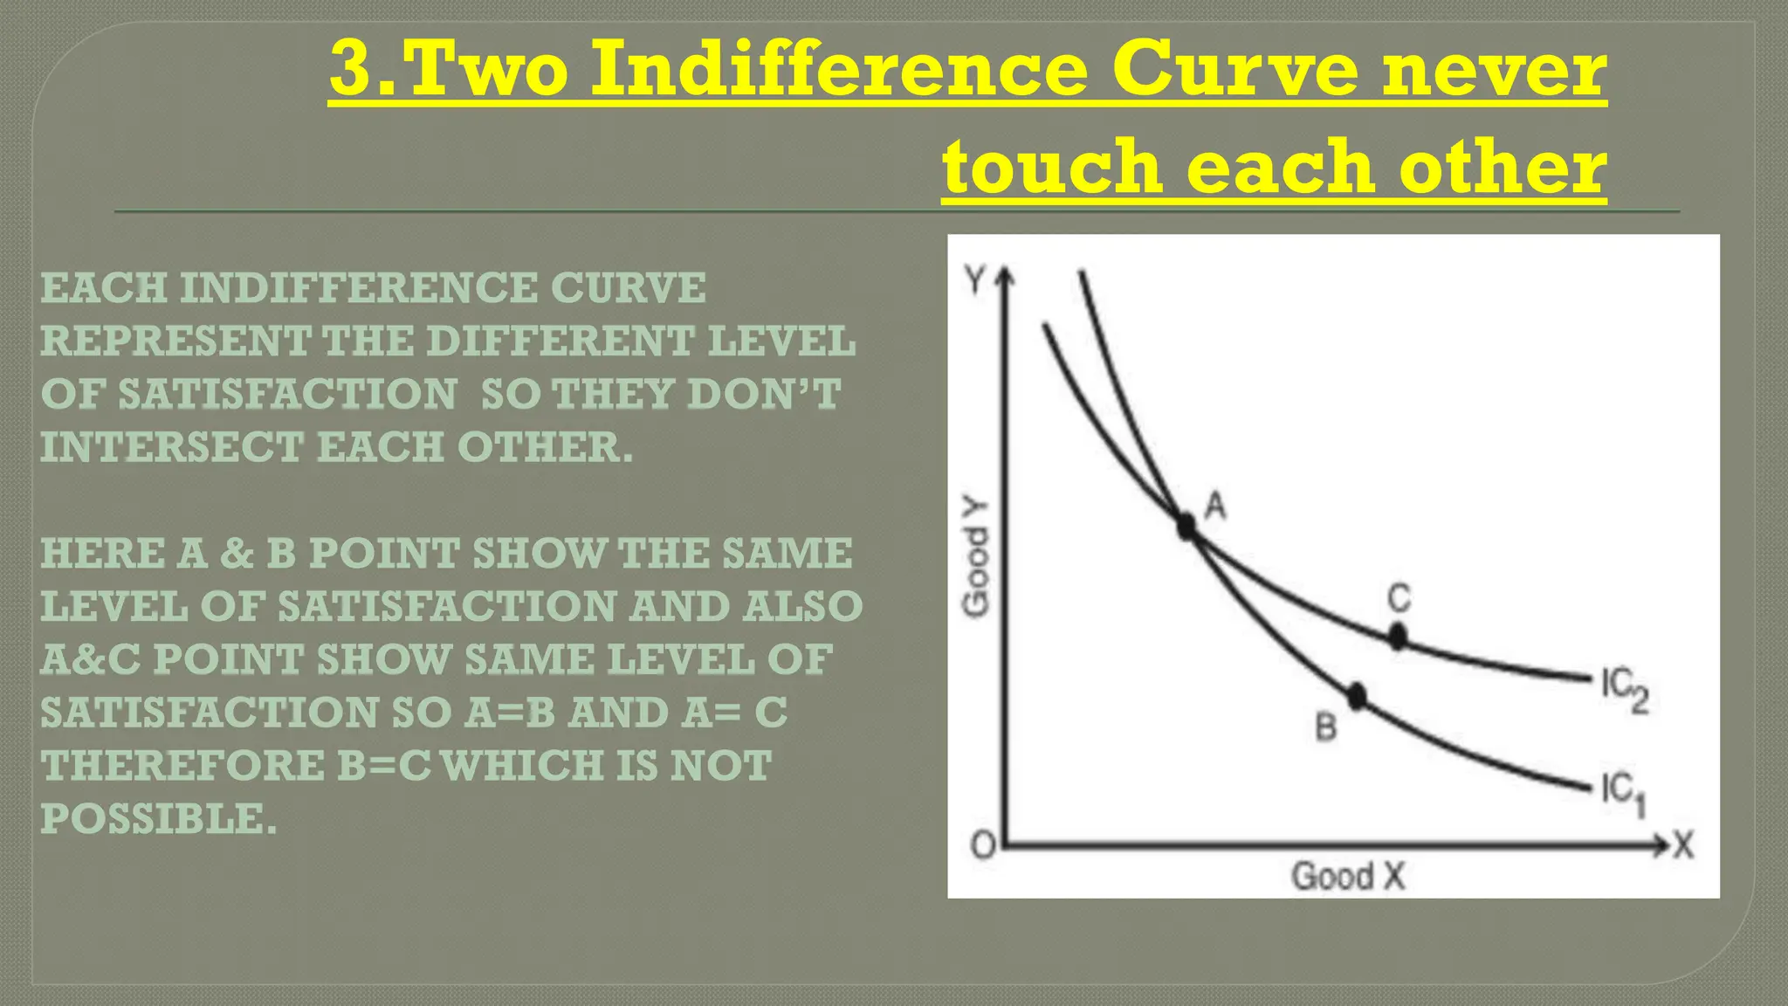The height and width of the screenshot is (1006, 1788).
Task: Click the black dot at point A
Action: pyautogui.click(x=1186, y=526)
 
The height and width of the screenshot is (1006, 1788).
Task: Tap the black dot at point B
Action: pyautogui.click(x=1356, y=696)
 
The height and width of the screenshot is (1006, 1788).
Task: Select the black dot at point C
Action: pyautogui.click(x=1398, y=637)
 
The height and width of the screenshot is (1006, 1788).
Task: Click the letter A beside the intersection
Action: pyautogui.click(x=1215, y=505)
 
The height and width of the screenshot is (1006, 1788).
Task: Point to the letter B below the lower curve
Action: pyautogui.click(x=1325, y=727)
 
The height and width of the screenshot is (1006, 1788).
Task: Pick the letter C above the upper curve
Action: pyautogui.click(x=1399, y=599)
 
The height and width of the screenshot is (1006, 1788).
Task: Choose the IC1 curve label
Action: pyautogui.click(x=1623, y=796)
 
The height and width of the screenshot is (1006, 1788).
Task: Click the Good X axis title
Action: pyautogui.click(x=1348, y=875)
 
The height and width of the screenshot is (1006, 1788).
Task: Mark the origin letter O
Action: pyautogui.click(x=983, y=845)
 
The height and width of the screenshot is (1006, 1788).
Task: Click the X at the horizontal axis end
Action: pyautogui.click(x=1682, y=845)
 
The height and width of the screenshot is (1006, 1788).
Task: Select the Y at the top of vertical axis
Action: pyautogui.click(x=975, y=280)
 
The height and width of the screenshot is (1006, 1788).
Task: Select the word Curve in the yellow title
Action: pyautogui.click(x=1234, y=70)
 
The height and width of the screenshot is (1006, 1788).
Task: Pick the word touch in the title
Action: pyautogui.click(x=1051, y=166)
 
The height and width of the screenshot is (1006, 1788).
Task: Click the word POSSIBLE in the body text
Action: pyautogui.click(x=158, y=818)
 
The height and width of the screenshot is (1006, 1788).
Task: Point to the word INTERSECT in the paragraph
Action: pyautogui.click(x=171, y=447)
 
